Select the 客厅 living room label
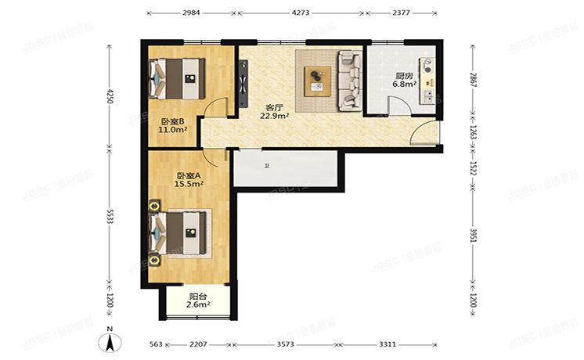coord(274,107)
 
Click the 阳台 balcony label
coord(198,297)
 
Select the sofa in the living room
coord(348,80)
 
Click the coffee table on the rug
coord(317,78)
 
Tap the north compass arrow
coord(111,341)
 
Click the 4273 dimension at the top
coord(301,13)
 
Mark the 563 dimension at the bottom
coord(155,344)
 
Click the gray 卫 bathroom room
coord(285,168)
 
